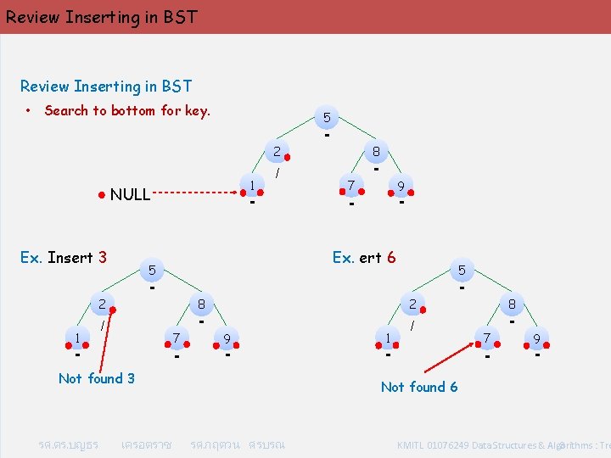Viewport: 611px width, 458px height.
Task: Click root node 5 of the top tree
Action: pyautogui.click(x=327, y=117)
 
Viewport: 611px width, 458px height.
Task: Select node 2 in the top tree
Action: pyautogui.click(x=276, y=153)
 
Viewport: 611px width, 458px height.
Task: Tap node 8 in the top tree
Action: pyautogui.click(x=376, y=153)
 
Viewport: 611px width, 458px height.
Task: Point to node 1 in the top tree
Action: pyautogui.click(x=252, y=185)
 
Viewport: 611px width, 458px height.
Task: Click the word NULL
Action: pyautogui.click(x=130, y=194)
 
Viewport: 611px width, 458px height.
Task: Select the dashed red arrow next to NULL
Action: pyautogui.click(x=194, y=193)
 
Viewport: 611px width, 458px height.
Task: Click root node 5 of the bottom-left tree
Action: pyautogui.click(x=152, y=270)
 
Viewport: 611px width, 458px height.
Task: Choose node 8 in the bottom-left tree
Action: pyautogui.click(x=202, y=304)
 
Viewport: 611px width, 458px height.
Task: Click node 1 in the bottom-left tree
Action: pyautogui.click(x=77, y=338)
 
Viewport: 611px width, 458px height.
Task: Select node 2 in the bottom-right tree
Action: pyautogui.click(x=412, y=304)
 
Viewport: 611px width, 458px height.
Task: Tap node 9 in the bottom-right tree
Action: pyautogui.click(x=537, y=338)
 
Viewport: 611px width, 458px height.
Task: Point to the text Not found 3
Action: pyautogui.click(x=96, y=378)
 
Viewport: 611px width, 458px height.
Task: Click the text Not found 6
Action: pyautogui.click(x=419, y=387)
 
